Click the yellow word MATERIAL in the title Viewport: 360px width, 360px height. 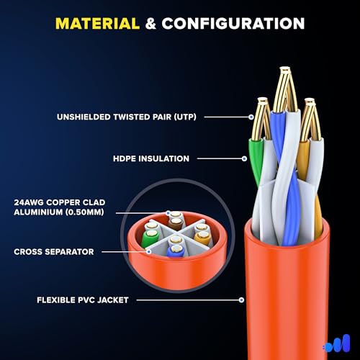click(97, 24)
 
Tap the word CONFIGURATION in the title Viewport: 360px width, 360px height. click(233, 24)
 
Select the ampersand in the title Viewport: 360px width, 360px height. click(150, 24)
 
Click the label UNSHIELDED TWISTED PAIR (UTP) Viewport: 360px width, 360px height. click(127, 117)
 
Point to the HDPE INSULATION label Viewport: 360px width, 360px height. click(151, 158)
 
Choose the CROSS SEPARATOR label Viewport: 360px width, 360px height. click(54, 252)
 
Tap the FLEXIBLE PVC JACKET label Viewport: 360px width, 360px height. click(83, 300)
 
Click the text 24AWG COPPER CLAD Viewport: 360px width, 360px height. click(60, 202)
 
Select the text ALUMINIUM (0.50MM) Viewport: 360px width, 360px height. click(59, 212)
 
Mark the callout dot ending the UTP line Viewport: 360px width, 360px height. click(251, 117)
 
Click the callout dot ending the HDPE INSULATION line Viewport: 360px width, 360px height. click(244, 158)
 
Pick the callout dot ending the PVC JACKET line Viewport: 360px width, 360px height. click(241, 300)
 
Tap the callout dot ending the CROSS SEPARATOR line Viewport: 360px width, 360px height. click(149, 252)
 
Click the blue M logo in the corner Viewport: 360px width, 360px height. click(338, 343)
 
